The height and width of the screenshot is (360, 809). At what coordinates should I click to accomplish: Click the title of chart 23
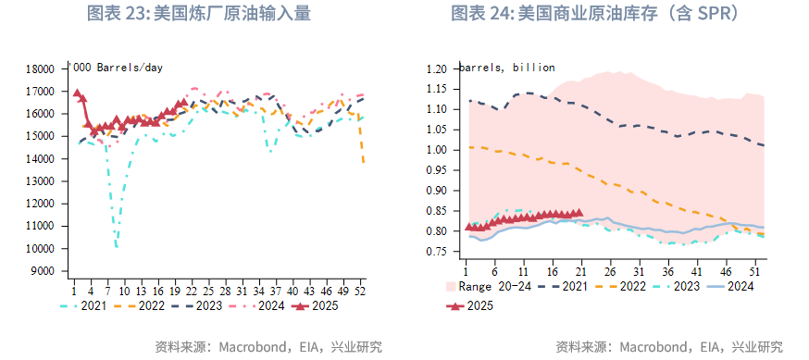pos(198,14)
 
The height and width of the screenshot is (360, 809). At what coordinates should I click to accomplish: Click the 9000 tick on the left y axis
pos(41,271)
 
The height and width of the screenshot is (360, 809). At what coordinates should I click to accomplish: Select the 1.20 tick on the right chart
pos(435,69)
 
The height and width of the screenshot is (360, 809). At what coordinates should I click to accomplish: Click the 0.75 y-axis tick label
pos(435,252)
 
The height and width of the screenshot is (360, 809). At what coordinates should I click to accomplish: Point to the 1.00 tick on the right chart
pos(435,150)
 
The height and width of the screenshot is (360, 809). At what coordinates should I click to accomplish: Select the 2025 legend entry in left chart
pos(315,305)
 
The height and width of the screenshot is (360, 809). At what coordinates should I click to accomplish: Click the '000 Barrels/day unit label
pos(118,68)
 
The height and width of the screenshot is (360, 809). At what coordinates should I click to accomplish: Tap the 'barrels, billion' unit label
pos(506,68)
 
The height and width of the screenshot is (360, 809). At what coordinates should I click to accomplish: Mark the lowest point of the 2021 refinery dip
pos(117,247)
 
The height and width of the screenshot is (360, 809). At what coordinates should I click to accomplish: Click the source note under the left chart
pos(268,347)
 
